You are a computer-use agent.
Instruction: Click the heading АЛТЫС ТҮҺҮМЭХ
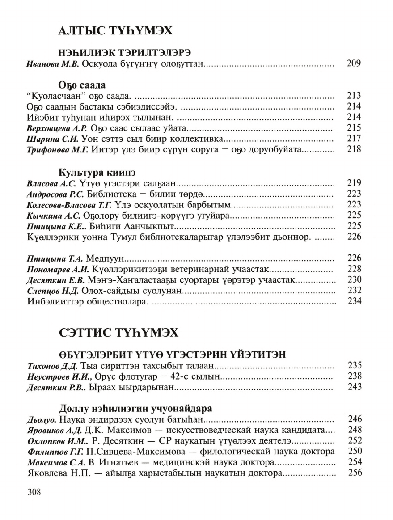(x=115, y=31)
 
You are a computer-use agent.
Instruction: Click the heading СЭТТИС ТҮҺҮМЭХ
(x=118, y=333)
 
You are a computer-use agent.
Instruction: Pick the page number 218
(x=354, y=149)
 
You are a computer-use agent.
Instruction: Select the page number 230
(x=354, y=280)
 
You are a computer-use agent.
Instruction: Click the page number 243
(x=354, y=387)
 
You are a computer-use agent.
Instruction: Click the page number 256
(x=354, y=473)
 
